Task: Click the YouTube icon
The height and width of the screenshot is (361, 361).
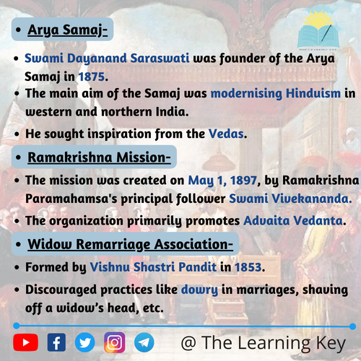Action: (25, 342)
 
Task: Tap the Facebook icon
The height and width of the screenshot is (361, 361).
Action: (56, 342)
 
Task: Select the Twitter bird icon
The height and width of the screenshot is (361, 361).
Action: (84, 342)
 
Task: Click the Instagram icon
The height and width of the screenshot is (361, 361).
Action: (115, 342)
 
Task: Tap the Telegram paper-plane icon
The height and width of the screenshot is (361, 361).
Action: (144, 342)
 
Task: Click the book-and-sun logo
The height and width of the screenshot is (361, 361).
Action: (318, 30)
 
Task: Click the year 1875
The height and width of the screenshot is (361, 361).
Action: (92, 77)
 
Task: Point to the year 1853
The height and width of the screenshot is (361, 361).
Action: (248, 267)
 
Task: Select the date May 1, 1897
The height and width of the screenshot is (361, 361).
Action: (222, 180)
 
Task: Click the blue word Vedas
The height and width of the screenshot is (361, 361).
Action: (226, 134)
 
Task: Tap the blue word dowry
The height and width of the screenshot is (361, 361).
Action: (199, 290)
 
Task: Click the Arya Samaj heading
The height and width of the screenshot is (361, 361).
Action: (67, 30)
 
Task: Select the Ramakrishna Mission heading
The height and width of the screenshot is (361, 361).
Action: (99, 157)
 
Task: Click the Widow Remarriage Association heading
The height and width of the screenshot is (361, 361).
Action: (130, 245)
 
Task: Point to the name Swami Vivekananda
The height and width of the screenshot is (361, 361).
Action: (290, 199)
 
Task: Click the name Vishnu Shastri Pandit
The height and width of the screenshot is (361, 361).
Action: (153, 267)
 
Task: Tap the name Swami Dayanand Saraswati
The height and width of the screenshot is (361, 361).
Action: (107, 58)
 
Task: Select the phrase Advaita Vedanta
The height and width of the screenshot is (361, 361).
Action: (293, 220)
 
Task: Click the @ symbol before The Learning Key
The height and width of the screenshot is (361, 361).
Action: (188, 343)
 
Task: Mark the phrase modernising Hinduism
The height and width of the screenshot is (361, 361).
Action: (276, 93)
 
